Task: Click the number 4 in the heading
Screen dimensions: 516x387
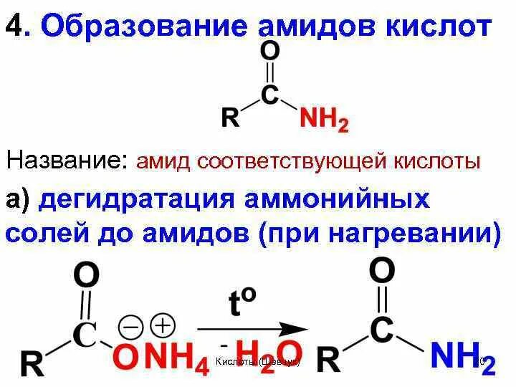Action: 14,27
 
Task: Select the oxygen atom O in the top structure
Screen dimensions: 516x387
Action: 270,52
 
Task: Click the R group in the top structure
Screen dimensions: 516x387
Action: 229,118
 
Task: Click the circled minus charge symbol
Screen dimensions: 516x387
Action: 131,327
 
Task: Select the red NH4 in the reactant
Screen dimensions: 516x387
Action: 176,359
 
